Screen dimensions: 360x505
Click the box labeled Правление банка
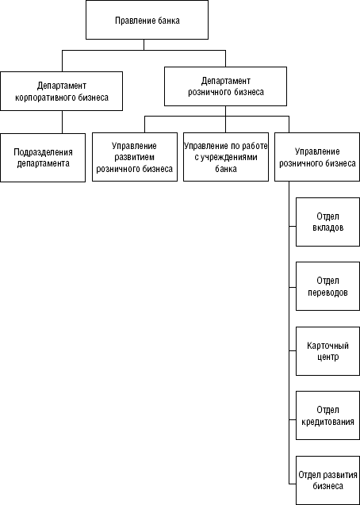coord(147,20)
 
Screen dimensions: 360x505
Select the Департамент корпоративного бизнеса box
coord(62,91)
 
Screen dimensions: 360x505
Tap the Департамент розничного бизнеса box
coord(225,86)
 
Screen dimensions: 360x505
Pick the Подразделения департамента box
coord(43,158)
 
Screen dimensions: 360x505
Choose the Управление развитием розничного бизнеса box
coord(135,157)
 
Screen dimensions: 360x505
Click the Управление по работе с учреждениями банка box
coord(226,157)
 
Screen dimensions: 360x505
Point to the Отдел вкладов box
coord(327,222)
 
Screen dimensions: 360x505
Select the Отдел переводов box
coord(327,286)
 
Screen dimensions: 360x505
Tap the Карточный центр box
coord(327,351)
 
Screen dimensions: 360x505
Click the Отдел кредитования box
coord(327,415)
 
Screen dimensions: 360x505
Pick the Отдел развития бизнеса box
coord(327,480)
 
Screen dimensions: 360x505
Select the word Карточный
coord(327,346)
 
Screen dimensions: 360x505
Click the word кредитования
coord(327,422)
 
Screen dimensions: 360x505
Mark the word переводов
coord(327,293)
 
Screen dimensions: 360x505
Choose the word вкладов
coord(327,228)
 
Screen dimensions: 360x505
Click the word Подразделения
coord(43,152)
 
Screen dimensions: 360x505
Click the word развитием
coord(135,158)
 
